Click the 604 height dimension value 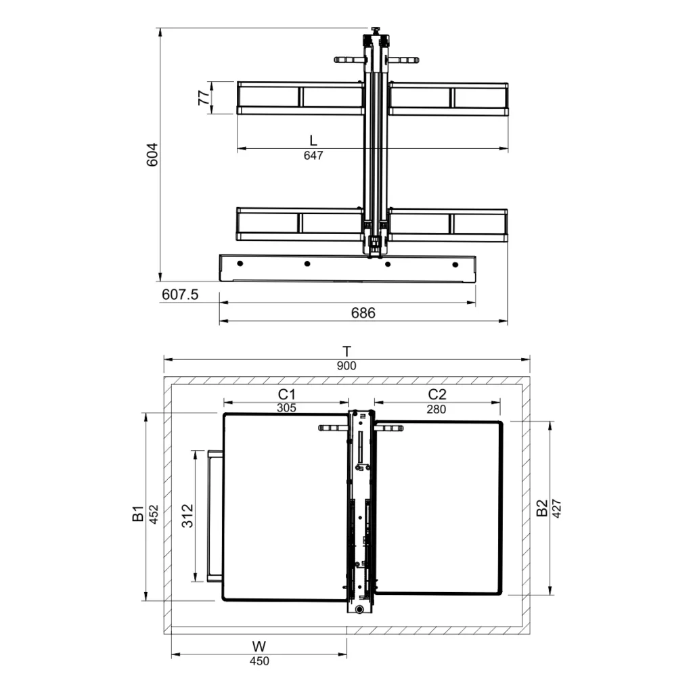152,154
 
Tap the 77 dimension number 204,97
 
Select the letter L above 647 313,141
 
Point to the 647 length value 313,156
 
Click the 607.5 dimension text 180,294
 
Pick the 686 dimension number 363,313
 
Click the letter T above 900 347,351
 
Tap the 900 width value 346,366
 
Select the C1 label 286,395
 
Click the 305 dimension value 286,408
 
